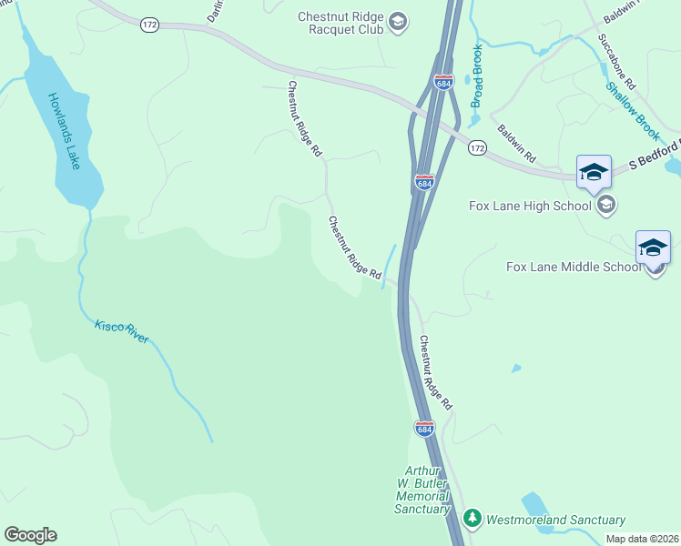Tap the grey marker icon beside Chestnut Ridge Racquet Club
click(397, 21)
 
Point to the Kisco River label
click(121, 332)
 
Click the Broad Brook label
click(476, 77)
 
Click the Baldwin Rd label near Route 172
click(516, 139)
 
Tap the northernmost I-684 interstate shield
click(444, 83)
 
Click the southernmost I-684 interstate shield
click(424, 428)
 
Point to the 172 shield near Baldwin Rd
click(477, 147)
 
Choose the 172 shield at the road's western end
click(150, 25)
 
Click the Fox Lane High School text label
click(531, 205)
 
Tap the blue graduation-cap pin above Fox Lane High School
click(593, 172)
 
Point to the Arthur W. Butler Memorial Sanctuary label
click(422, 490)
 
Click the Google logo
click(30, 535)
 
